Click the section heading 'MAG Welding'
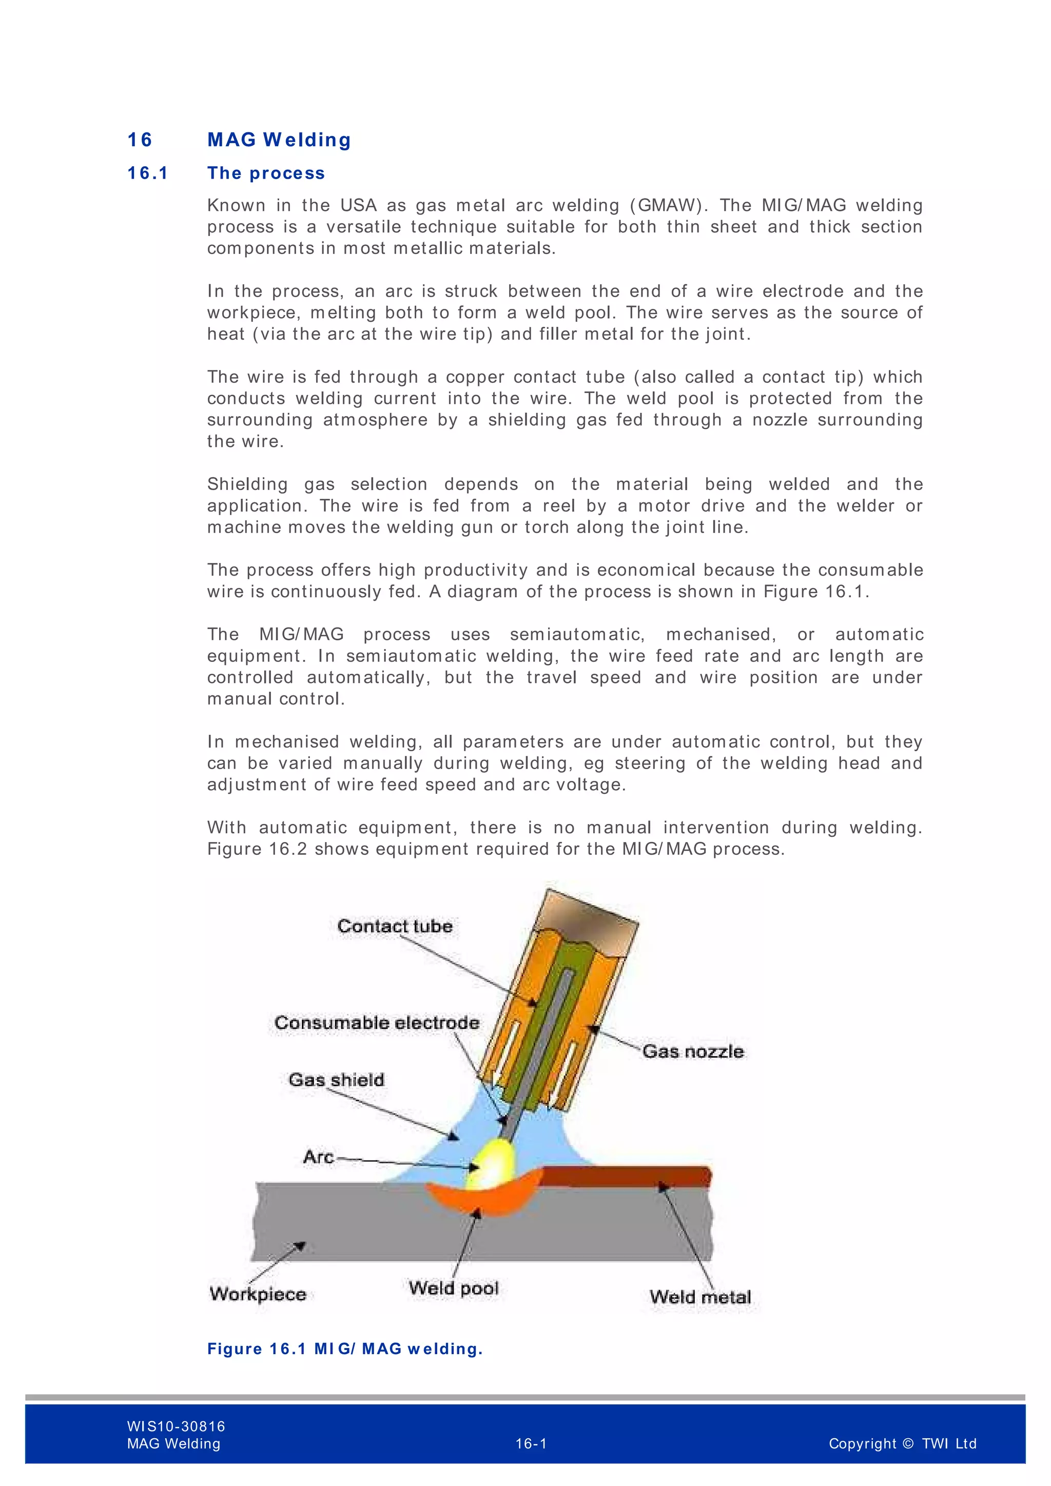[x=279, y=140]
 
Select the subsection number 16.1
[x=148, y=173]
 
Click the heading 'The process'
[x=266, y=173]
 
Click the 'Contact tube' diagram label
[x=395, y=926]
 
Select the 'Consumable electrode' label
[x=377, y=1023]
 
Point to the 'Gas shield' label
[x=337, y=1080]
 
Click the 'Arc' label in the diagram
[x=318, y=1157]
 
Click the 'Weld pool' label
[x=454, y=1288]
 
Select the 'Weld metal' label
[x=700, y=1297]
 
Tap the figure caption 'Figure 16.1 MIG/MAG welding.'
[x=345, y=1349]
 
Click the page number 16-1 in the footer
[x=531, y=1444]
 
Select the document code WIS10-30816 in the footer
[x=176, y=1426]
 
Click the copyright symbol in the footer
[x=907, y=1444]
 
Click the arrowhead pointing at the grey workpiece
[x=300, y=1246]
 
